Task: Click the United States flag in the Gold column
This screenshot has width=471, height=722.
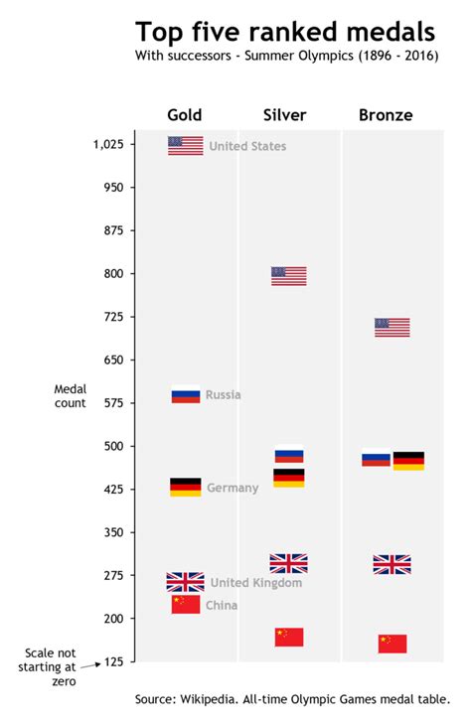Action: (x=186, y=146)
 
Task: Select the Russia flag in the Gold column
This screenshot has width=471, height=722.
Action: (x=186, y=394)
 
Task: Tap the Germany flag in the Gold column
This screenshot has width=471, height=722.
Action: (x=186, y=487)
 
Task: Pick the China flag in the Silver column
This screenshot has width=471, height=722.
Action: (x=289, y=637)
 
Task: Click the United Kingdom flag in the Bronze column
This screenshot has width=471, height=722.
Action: (x=392, y=564)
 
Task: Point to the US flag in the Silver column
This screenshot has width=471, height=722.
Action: (x=289, y=276)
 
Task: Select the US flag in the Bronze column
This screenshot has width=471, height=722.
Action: (x=392, y=327)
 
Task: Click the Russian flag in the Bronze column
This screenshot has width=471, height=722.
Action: (x=376, y=459)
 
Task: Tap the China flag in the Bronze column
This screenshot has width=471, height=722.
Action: (x=392, y=644)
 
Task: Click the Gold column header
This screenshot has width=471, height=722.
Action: (x=185, y=115)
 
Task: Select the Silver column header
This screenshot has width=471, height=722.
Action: (x=285, y=115)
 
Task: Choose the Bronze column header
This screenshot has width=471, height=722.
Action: (x=386, y=115)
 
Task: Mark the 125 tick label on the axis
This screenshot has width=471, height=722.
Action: (x=111, y=661)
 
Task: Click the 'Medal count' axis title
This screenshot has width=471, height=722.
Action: (x=70, y=395)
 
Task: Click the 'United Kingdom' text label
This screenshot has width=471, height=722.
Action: (x=256, y=583)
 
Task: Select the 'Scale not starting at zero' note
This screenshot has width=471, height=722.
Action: (x=50, y=666)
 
